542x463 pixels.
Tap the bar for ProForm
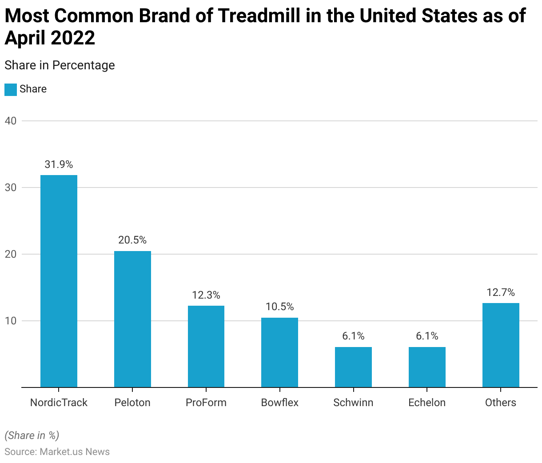(206, 347)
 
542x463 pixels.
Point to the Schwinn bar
(353, 367)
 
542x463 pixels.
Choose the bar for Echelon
(427, 367)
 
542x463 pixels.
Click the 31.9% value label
(59, 164)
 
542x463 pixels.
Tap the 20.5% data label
(132, 240)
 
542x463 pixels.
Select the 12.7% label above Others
(501, 292)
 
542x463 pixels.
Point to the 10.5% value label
(279, 307)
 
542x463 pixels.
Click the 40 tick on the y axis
(11, 121)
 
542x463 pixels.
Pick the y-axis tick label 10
(11, 321)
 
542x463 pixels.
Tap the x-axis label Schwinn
(353, 403)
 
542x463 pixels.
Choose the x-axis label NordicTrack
(59, 403)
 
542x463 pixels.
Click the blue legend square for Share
(11, 89)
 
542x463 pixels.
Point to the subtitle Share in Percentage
(60, 65)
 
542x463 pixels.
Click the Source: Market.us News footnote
(57, 452)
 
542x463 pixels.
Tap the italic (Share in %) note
(32, 435)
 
